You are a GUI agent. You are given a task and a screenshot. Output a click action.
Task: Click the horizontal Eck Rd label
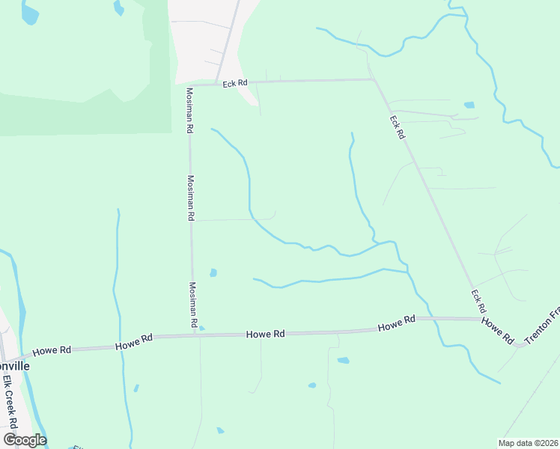click(x=234, y=83)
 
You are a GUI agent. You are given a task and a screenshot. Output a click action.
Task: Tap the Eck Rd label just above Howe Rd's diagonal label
click(x=478, y=301)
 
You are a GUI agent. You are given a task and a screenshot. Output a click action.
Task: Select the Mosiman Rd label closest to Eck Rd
click(x=190, y=111)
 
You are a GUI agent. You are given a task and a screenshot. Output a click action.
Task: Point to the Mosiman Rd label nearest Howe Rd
click(x=192, y=305)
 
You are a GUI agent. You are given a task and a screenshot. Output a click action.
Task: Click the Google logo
click(x=25, y=439)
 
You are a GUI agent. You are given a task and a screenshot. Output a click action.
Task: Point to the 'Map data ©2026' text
click(x=528, y=442)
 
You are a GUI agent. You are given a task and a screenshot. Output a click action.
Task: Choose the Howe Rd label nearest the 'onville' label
click(x=52, y=349)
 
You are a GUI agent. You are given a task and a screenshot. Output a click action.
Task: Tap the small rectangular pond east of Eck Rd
click(x=469, y=105)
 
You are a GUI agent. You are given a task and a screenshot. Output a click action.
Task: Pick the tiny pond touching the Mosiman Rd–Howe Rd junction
click(x=201, y=329)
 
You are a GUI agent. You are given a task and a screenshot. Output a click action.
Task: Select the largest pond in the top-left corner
click(x=30, y=13)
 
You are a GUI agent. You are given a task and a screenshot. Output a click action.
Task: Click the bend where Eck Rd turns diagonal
click(x=373, y=79)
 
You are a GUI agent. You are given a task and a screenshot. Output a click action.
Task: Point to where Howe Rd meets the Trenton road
click(x=519, y=344)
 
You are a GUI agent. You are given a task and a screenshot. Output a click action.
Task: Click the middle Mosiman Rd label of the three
click(x=191, y=198)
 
